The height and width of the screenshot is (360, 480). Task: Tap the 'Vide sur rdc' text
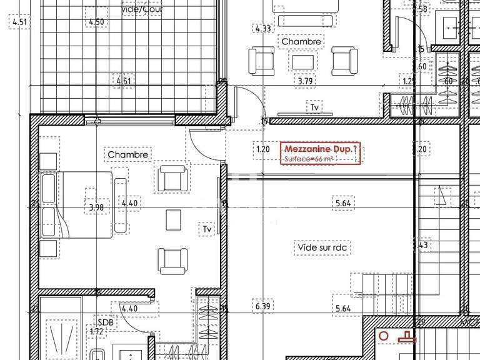pos(322,248)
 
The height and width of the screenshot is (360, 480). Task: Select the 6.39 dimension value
pos(263,306)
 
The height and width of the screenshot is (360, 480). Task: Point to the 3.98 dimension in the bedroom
pos(96,207)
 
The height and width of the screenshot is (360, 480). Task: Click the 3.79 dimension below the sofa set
pos(304,81)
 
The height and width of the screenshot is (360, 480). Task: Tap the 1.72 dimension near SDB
pos(97,331)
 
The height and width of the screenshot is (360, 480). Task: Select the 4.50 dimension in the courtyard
pos(96,22)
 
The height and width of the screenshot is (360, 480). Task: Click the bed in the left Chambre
pos(75,204)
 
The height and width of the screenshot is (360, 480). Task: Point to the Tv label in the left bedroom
pos(206,230)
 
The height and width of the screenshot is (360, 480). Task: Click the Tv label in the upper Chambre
pos(314,107)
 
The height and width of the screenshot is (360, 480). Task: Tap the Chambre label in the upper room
pos(301,42)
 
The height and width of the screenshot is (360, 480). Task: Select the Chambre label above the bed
pos(127,154)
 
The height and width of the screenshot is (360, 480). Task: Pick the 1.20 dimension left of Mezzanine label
pos(263,149)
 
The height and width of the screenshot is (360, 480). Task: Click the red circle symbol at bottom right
pos(384,337)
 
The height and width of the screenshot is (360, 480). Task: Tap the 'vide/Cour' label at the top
pos(141,10)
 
